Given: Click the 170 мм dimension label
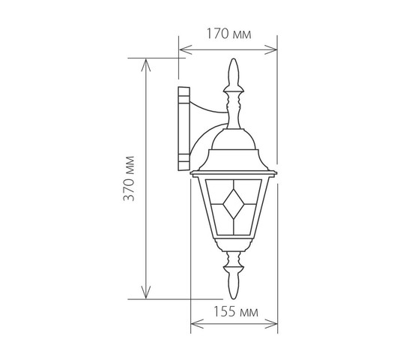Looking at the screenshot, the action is (x=229, y=34).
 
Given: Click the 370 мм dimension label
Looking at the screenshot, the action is (x=129, y=178).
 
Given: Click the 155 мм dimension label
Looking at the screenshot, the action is (x=235, y=312).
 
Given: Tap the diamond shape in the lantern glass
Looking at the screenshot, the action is (x=234, y=204).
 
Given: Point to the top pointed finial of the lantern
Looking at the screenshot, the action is (x=234, y=74).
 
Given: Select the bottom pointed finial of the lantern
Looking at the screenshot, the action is (x=234, y=283).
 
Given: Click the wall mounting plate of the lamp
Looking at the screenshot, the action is (x=184, y=129).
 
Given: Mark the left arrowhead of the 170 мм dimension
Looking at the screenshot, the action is (x=185, y=49).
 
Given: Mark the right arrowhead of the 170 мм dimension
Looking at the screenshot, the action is (x=271, y=49).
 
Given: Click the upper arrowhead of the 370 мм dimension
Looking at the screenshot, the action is (x=146, y=65).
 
